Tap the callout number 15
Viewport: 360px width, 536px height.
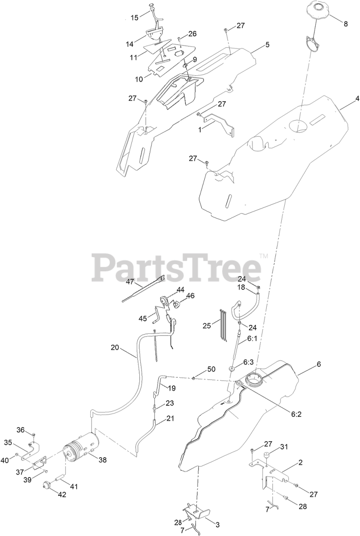[134, 18]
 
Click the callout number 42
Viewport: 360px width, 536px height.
[62, 494]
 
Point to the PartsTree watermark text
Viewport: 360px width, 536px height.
[177, 267]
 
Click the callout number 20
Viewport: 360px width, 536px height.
[115, 347]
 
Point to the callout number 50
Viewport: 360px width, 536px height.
[211, 369]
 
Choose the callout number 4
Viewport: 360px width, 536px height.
[357, 99]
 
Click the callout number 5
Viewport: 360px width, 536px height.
[267, 44]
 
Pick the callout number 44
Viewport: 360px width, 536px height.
[180, 289]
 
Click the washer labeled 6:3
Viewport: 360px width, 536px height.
[232, 369]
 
